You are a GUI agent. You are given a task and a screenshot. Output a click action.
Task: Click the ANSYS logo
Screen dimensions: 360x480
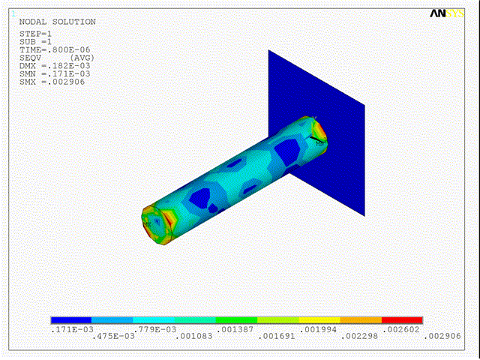pyautogui.click(x=447, y=13)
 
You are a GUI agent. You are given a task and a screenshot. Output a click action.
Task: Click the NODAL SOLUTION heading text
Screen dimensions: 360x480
pyautogui.click(x=57, y=22)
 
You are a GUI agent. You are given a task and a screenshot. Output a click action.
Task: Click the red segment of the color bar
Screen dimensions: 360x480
pyautogui.click(x=402, y=320)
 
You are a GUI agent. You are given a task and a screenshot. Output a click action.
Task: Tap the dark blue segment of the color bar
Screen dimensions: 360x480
pyautogui.click(x=71, y=320)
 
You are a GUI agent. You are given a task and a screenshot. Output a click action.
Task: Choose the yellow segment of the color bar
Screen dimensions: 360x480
pyautogui.click(x=319, y=320)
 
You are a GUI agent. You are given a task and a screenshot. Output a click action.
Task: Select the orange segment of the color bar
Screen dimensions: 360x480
pyautogui.click(x=361, y=320)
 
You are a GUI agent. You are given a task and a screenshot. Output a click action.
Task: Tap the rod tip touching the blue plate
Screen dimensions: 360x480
pyautogui.click(x=316, y=130)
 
